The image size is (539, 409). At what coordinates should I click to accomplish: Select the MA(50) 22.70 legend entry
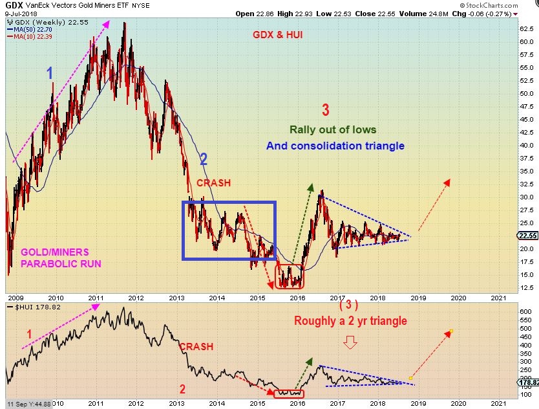click(x=30, y=28)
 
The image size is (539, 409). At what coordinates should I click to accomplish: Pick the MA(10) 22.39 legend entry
click(x=30, y=36)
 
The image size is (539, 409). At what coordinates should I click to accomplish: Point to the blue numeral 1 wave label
click(x=50, y=74)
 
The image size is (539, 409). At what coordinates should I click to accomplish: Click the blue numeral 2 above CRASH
click(x=203, y=159)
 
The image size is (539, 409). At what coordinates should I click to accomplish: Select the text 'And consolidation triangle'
click(x=335, y=146)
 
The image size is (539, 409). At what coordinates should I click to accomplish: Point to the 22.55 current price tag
click(x=528, y=236)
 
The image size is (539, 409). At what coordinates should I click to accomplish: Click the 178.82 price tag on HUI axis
click(x=528, y=383)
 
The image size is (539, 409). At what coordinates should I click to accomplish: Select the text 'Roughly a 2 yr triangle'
click(x=350, y=320)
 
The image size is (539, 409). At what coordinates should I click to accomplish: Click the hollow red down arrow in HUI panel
click(x=350, y=342)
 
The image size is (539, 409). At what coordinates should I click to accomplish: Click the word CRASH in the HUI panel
click(x=196, y=347)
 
